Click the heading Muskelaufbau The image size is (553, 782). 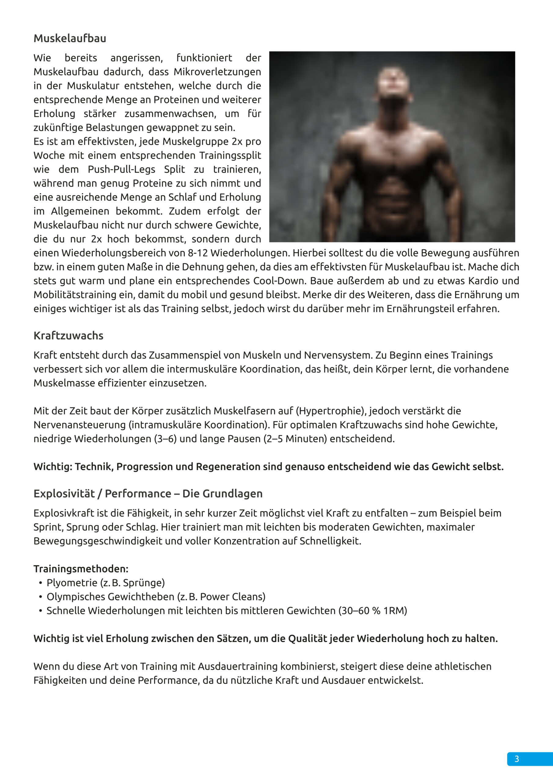point(70,38)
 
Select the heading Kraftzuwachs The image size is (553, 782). point(68,336)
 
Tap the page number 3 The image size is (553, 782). point(517,759)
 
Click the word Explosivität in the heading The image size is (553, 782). point(64,494)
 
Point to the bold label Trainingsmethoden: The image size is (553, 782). point(81,569)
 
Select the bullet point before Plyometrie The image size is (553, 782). point(41,583)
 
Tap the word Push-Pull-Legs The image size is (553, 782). point(122,170)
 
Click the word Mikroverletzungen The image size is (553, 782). point(218,72)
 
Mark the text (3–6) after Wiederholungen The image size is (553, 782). point(165,439)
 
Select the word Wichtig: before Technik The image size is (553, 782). point(53,467)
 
